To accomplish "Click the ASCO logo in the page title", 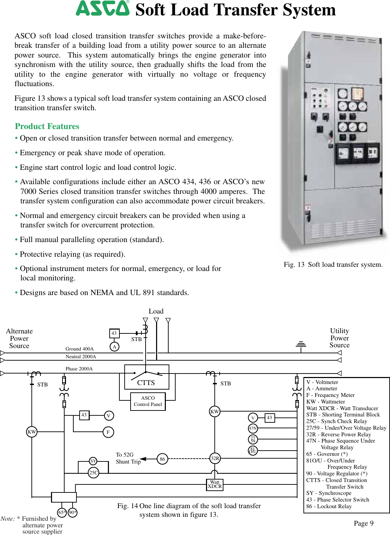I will click(x=102, y=8).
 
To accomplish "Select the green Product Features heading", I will click(x=47, y=126).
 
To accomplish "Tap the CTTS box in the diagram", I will click(x=147, y=377).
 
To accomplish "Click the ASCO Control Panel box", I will click(x=148, y=401).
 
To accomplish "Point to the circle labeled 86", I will click(x=162, y=459).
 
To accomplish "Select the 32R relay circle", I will click(x=215, y=458).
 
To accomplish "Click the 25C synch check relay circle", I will click(x=94, y=473).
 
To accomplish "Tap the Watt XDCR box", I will click(x=215, y=484).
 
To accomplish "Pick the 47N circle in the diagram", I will click(x=253, y=428).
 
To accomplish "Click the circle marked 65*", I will click(x=62, y=512).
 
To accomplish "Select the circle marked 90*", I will click(x=73, y=512).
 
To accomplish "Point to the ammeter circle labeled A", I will click(x=114, y=347).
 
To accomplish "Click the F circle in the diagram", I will click(x=108, y=432).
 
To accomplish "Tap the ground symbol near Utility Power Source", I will click(x=301, y=344).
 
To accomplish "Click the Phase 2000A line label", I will click(x=79, y=369).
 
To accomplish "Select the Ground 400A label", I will click(x=80, y=349).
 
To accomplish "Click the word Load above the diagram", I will click(x=156, y=311).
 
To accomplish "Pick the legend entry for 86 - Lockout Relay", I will click(x=329, y=506).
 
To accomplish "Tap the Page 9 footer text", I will click(x=363, y=523).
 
